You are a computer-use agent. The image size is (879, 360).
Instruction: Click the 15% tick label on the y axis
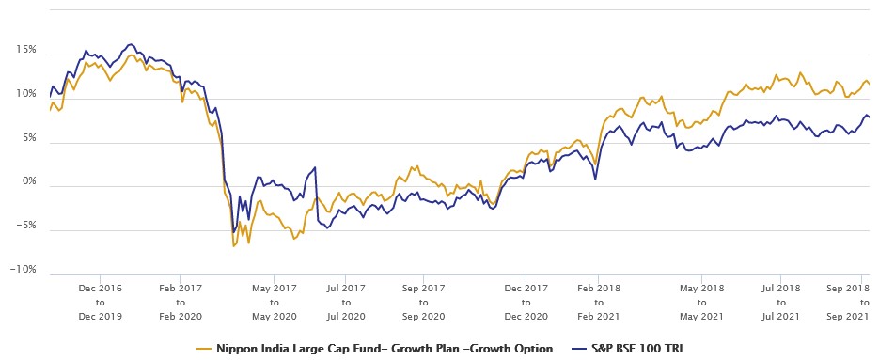click(x=24, y=49)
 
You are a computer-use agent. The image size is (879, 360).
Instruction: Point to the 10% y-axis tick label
click(x=24, y=93)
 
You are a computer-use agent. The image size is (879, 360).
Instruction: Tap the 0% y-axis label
click(x=27, y=181)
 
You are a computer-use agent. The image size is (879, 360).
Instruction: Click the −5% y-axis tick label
click(x=24, y=226)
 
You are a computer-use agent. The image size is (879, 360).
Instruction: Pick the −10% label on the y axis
click(x=22, y=270)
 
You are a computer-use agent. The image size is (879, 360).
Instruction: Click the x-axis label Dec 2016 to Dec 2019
click(x=100, y=302)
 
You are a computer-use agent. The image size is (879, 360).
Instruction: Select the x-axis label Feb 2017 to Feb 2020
click(x=181, y=302)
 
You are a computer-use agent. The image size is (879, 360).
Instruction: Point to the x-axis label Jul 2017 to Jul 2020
click(x=345, y=302)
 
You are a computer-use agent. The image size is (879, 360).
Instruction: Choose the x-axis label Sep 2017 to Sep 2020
click(x=423, y=302)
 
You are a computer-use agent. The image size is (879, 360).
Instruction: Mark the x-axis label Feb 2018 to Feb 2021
click(x=599, y=302)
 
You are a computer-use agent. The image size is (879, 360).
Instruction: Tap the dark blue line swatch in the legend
click(x=574, y=349)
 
